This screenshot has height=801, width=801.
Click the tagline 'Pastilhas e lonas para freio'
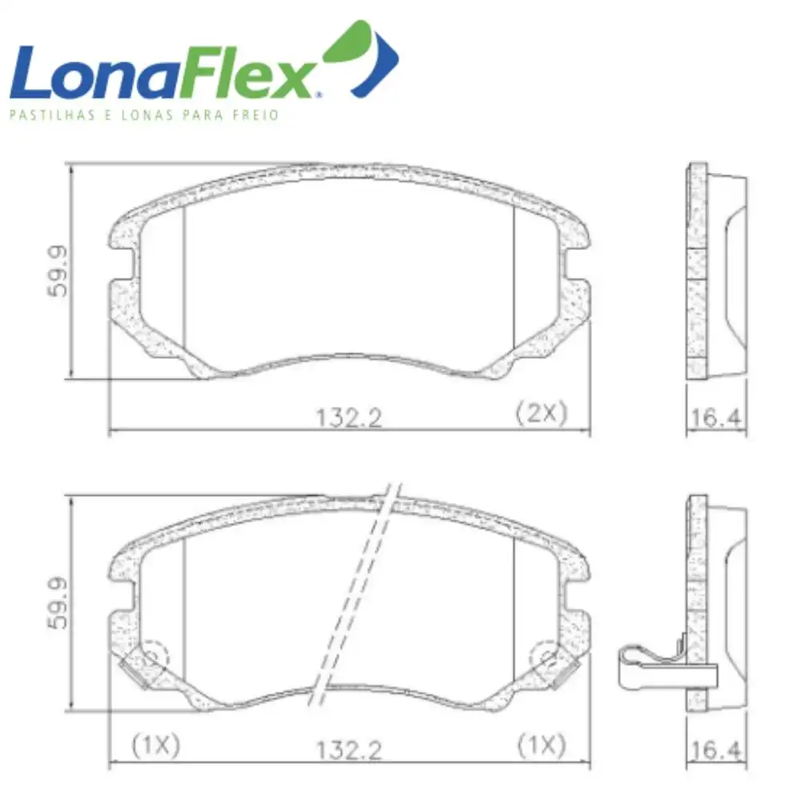pyautogui.click(x=143, y=115)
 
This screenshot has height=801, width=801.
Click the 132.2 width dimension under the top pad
pyautogui.click(x=348, y=417)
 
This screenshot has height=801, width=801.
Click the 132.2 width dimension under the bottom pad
pyautogui.click(x=348, y=750)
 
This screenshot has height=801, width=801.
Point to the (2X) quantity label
pyautogui.click(x=541, y=413)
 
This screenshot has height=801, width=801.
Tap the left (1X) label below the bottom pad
pyautogui.click(x=155, y=746)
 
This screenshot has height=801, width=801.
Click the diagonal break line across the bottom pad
pyautogui.click(x=352, y=593)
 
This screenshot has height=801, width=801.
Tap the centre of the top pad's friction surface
pyautogui.click(x=348, y=272)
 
